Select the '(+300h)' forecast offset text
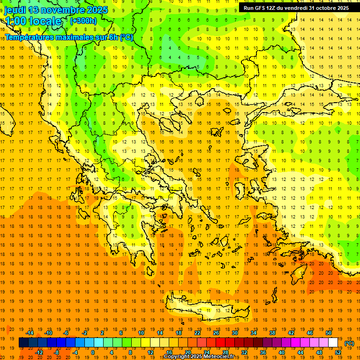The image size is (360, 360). point(83,21)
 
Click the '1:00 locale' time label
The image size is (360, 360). point(33,21)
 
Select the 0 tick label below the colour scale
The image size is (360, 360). point(92,352)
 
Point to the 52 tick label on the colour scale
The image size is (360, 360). point(337,352)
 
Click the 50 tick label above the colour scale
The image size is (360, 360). point(328,332)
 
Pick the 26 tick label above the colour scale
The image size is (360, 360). point(216,332)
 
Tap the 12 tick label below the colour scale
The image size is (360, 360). point(150,352)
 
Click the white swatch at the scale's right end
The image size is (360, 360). point(333,343)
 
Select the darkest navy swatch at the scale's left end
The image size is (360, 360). point(23,343)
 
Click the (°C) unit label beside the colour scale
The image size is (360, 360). point(349,343)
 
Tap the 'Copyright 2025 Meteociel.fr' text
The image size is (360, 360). point(199,357)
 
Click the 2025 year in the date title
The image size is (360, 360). point(97,10)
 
